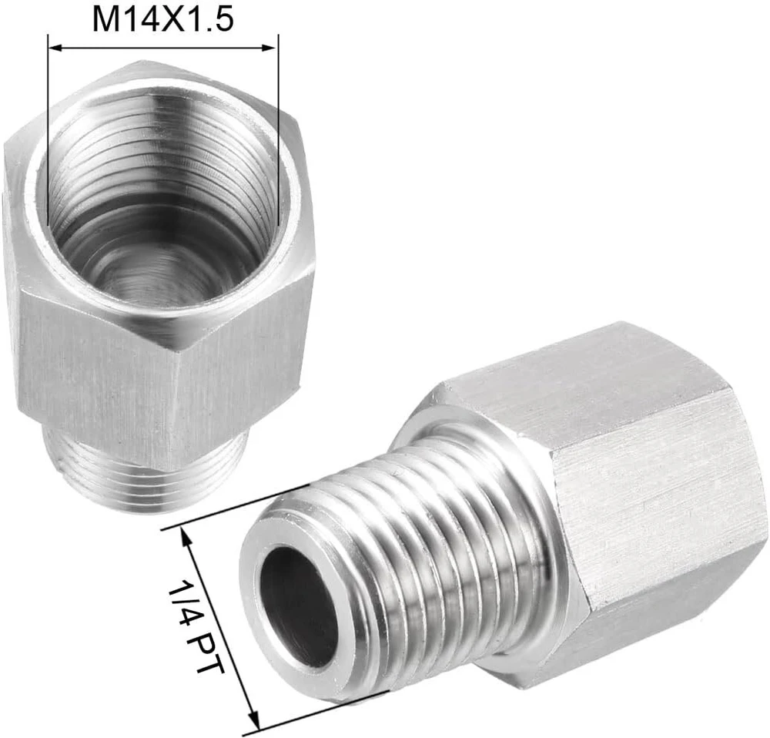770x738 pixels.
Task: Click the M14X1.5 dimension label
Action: pyautogui.click(x=163, y=20)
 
